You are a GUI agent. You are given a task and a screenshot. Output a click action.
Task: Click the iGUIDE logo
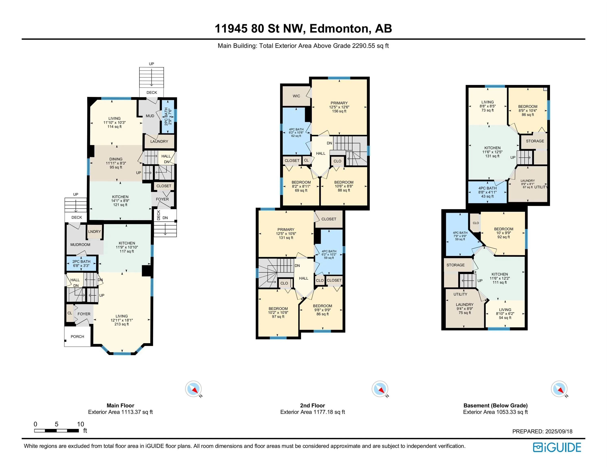tap(557, 447)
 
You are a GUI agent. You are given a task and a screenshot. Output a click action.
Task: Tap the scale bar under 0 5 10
tap(56, 431)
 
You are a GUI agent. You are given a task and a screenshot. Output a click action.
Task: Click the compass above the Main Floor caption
tap(193, 389)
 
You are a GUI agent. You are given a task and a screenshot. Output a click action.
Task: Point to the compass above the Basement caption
tap(559, 389)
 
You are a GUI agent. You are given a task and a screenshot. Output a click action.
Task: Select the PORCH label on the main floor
tap(77, 336)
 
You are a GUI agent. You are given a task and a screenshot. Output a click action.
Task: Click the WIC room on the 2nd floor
tap(296, 96)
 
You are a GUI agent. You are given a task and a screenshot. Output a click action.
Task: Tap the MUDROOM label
tap(80, 244)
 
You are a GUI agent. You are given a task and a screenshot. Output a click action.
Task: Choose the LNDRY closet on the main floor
tap(94, 232)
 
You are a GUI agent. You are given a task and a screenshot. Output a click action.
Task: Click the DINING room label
tap(116, 163)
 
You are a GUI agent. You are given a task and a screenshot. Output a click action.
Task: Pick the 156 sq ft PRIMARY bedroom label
tap(339, 107)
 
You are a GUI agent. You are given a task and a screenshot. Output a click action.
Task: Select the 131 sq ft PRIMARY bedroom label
tap(286, 233)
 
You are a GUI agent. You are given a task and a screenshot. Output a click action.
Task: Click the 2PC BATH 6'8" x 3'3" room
tap(81, 263)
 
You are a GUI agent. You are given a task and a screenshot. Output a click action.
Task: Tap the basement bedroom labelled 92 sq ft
tap(504, 233)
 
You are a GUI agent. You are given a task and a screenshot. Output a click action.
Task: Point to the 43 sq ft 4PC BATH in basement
tap(487, 192)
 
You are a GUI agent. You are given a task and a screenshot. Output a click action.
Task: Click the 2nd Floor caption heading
tap(312, 405)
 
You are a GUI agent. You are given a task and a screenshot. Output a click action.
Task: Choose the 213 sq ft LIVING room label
tap(122, 320)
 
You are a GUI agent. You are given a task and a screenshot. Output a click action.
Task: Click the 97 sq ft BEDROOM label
tap(278, 313)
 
